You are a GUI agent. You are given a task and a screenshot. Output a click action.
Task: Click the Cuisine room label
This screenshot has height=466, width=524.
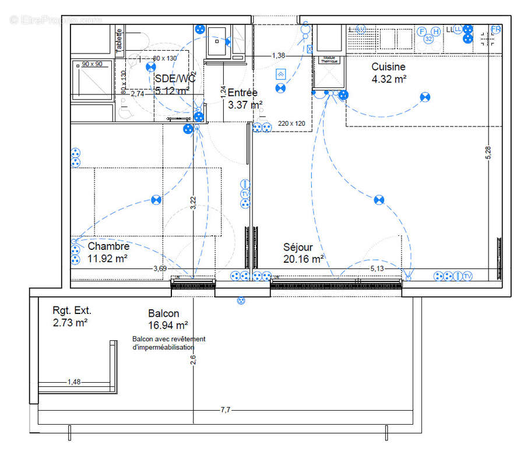388,67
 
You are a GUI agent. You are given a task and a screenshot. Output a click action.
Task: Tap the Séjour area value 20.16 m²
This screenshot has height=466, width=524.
304,259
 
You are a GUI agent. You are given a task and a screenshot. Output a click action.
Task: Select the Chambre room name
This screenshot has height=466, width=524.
108,247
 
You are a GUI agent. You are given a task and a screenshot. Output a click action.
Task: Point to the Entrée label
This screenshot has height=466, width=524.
242,93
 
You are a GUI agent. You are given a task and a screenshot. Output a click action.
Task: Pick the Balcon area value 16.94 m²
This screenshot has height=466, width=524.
168,326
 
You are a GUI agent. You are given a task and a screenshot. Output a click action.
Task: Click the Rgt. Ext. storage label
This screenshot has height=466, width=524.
72,310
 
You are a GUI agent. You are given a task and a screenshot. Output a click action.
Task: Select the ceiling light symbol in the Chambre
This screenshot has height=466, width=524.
156,200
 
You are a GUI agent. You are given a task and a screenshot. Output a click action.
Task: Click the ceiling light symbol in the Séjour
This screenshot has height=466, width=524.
379,200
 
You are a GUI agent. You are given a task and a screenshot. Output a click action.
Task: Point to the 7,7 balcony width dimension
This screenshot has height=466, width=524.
226,410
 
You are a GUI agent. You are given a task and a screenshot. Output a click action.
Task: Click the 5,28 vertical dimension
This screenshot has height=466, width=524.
488,153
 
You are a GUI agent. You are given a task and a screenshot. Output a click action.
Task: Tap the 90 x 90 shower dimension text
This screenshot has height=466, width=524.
92,64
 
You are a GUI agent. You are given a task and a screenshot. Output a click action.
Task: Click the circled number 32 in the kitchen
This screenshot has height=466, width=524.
428,39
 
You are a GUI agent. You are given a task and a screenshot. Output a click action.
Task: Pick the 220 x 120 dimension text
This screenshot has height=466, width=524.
291,123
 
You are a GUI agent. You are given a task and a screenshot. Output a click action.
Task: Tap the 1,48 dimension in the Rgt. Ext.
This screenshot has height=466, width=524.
74,382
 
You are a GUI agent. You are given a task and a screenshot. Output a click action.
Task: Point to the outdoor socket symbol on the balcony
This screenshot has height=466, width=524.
241,301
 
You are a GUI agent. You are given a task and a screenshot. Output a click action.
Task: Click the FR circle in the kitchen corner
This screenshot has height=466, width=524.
496,29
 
